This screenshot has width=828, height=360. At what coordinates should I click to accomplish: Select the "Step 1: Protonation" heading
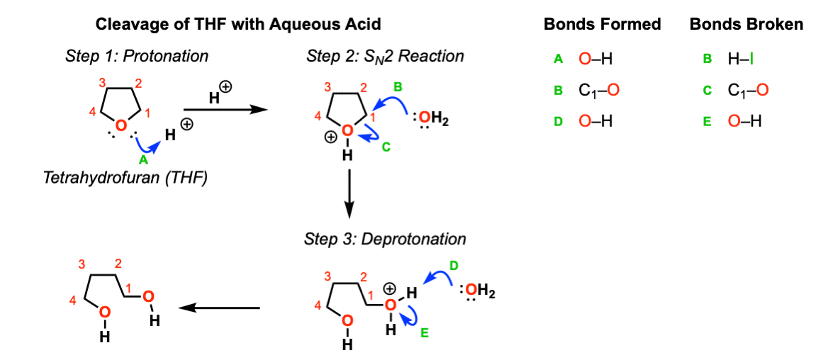pos(137,56)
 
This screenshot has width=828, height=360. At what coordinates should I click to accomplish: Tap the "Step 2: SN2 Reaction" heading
pos(385,57)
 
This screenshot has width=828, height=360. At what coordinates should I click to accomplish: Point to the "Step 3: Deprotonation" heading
pos(385,239)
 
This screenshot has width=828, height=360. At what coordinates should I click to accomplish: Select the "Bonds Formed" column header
pos(602,24)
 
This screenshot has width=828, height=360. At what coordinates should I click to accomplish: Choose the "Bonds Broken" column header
pos(746,24)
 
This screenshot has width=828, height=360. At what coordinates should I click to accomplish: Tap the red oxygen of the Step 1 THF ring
pos(122,125)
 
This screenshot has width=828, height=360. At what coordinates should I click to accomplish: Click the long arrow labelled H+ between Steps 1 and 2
pos(223,109)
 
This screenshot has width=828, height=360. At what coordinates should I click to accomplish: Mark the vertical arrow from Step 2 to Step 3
pos(349,193)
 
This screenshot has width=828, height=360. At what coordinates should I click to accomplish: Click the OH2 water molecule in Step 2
pos(430,122)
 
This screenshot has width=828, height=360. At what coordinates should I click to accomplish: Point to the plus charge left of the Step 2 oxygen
pos(330,137)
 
